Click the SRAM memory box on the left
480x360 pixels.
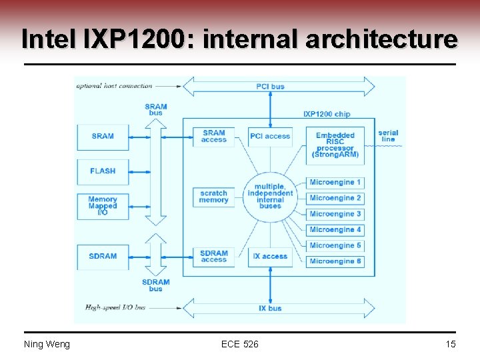[103, 137]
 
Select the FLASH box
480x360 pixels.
[103, 171]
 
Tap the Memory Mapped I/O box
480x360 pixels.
[103, 206]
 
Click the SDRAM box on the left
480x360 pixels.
[103, 257]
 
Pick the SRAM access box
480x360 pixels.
[213, 137]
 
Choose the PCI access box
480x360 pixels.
[269, 137]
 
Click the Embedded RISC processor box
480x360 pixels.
[335, 145]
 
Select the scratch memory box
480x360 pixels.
[213, 197]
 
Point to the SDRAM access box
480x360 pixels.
[213, 257]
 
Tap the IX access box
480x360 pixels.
[269, 257]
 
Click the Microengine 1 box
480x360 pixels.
[335, 182]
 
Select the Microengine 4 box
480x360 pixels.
[335, 230]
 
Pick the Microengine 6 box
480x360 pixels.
[335, 261]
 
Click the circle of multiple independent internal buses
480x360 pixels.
[270, 197]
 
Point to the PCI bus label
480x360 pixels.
[270, 87]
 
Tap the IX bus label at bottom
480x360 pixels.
[270, 308]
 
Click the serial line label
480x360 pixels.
[388, 136]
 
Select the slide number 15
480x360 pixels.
[450, 344]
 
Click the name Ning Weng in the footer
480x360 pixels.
[47, 344]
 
